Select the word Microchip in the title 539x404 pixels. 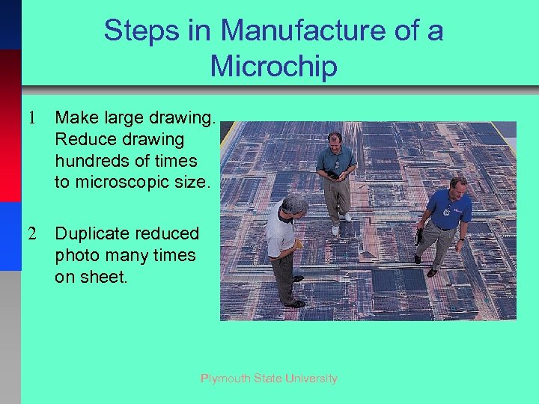point(274,66)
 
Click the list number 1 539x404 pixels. point(32,118)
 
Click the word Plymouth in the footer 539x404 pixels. point(226,379)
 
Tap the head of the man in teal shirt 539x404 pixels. point(335,140)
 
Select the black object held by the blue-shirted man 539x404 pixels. point(418,237)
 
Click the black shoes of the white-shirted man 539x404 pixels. point(295,302)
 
